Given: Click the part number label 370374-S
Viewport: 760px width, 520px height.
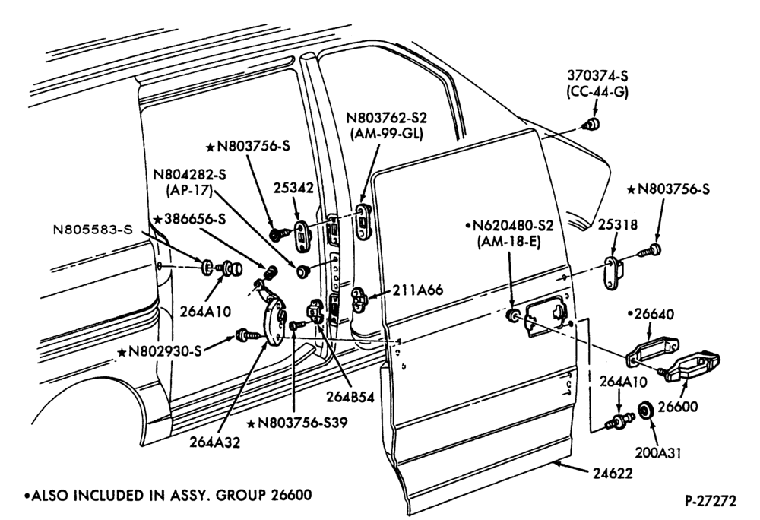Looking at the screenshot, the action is (x=597, y=75).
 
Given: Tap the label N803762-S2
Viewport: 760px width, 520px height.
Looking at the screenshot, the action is (x=386, y=119).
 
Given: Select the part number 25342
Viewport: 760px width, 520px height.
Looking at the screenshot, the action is (x=293, y=188).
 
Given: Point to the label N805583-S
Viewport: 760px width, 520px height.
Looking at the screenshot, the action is (x=92, y=230).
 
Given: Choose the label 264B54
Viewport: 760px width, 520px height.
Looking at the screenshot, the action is (x=350, y=396).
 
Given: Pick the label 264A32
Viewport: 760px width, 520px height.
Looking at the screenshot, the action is (x=215, y=442).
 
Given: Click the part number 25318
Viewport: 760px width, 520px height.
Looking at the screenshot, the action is (x=617, y=224).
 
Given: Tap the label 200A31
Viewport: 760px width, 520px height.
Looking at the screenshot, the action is (x=658, y=453).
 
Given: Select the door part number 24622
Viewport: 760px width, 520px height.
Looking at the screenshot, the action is (x=613, y=473).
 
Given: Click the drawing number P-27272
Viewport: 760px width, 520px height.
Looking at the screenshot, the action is (x=711, y=501).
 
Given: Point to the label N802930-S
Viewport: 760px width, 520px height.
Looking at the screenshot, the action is (x=160, y=351).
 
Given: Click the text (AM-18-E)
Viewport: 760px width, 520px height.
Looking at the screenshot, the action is (x=509, y=241).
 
